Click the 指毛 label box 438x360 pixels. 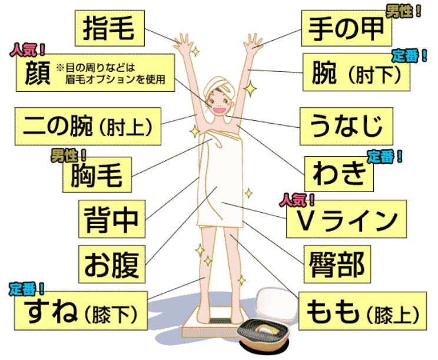tap(109, 28)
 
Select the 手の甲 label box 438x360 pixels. tap(346, 28)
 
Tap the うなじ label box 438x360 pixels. tap(346, 126)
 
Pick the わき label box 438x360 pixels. tap(339, 174)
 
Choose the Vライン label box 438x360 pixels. tap(346, 219)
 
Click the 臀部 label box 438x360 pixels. tap(337, 265)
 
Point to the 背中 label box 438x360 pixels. tap(112, 219)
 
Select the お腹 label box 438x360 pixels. tap(112, 265)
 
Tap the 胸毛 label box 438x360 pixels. tap(97, 174)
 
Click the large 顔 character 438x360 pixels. tap(38, 73)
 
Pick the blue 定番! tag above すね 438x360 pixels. tap(26, 289)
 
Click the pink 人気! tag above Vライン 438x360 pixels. tap(297, 200)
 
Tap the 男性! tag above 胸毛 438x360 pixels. tap(69, 156)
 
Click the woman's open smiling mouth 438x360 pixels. tap(219, 109)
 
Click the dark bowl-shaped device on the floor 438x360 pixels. tap(263, 333)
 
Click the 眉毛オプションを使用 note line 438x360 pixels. tap(115, 80)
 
